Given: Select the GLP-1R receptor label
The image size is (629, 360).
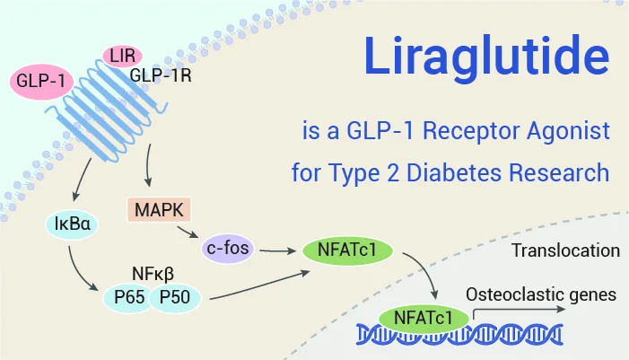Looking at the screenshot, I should click(x=161, y=76).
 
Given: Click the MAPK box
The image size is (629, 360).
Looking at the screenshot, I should click(x=160, y=210).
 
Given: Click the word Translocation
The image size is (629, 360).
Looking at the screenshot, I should click(x=565, y=250).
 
